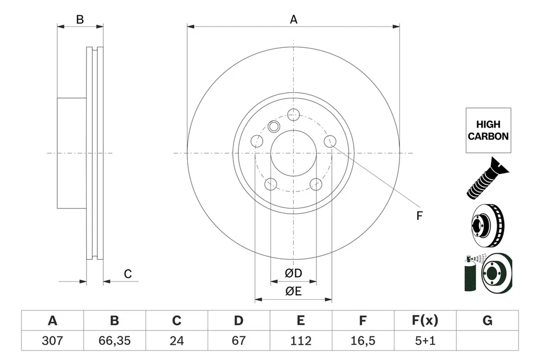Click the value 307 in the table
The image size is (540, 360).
pos(52,340)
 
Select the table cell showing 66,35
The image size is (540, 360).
pos(114,340)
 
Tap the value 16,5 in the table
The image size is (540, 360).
pos(363,340)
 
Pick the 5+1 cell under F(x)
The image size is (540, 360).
pos(425,340)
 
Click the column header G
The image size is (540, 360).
pos(487,321)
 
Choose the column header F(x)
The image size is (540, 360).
pos(425,321)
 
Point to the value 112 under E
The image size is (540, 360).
pos(301,340)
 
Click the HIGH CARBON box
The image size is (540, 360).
pos(488,130)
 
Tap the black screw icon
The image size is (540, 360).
pos(487,179)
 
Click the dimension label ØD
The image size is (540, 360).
pos(293,274)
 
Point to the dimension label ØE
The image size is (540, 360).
pos(293,291)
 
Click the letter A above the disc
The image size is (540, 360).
pos(293,19)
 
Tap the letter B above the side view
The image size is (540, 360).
pos(80,19)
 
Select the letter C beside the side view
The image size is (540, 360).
pos(128,274)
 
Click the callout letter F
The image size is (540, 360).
pos(419,215)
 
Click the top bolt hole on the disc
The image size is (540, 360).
pos(292,114)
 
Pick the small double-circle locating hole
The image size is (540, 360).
pos(274,126)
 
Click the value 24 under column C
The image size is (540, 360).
pos(177,340)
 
